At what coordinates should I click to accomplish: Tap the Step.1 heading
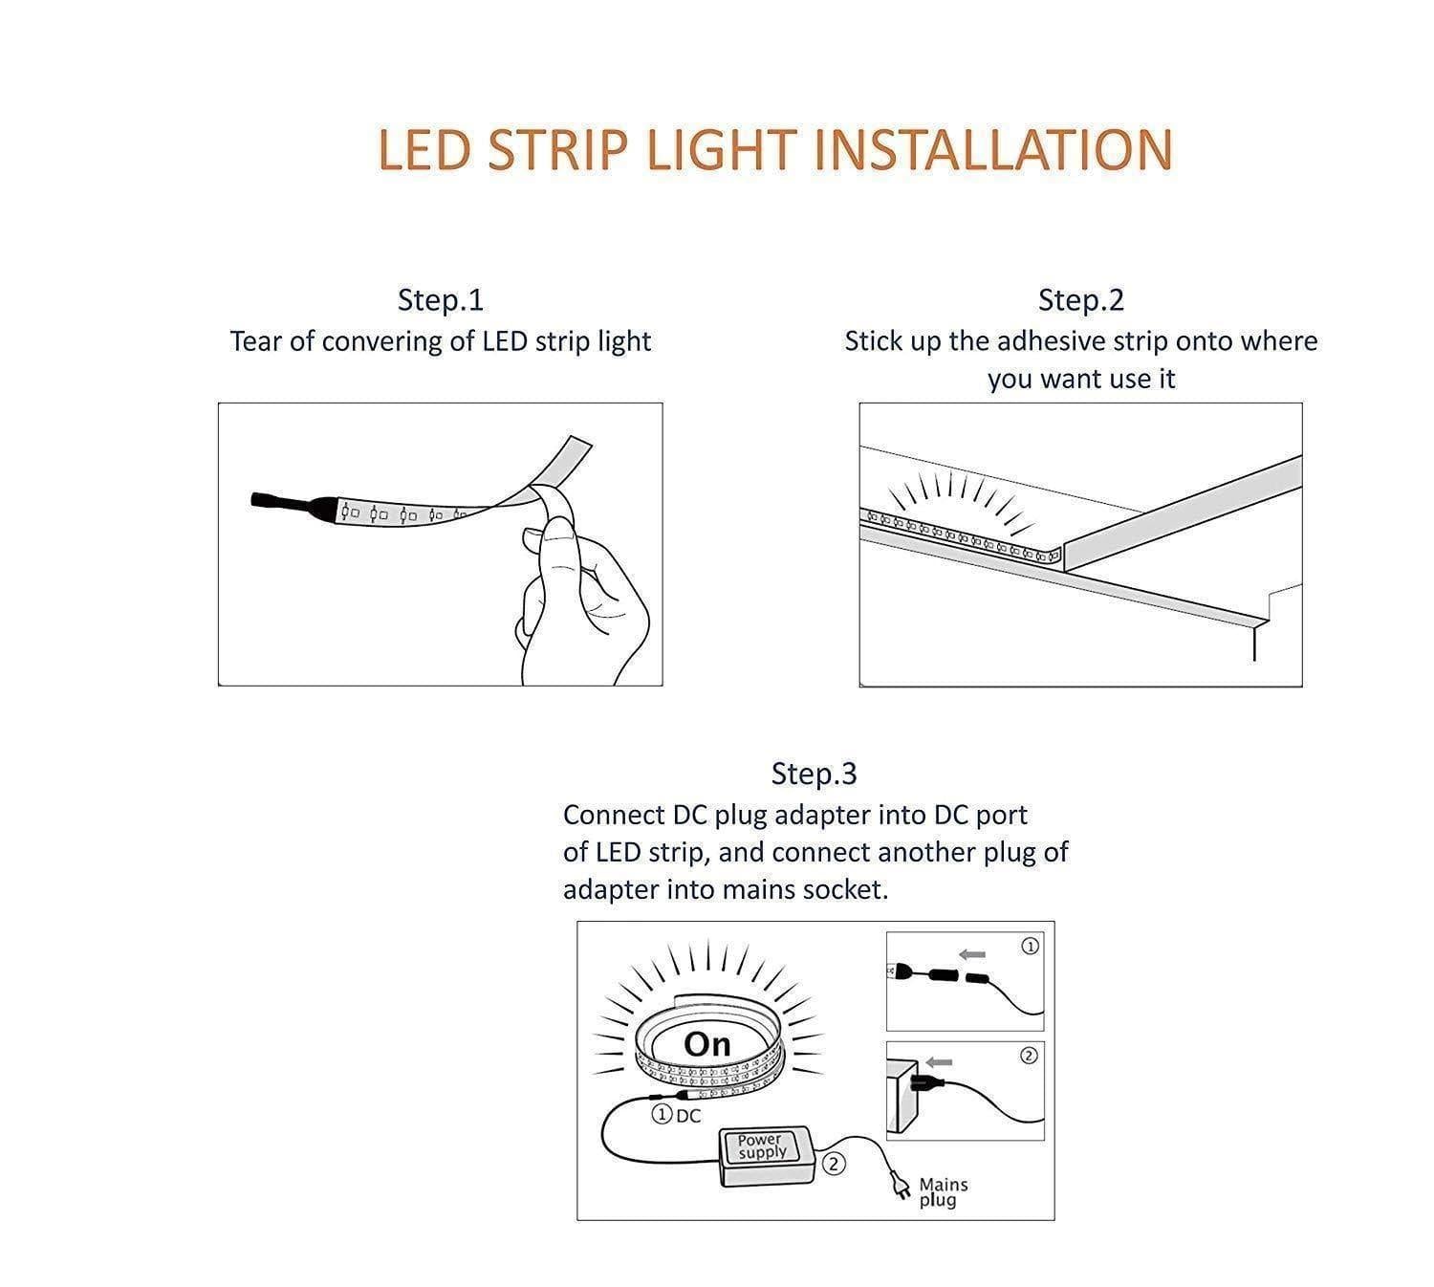coord(441,300)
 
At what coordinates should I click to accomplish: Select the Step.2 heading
coord(1081,300)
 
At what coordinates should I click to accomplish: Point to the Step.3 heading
coord(814,774)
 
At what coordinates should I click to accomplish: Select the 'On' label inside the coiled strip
coord(707,1045)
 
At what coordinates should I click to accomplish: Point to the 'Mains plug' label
coord(943,1191)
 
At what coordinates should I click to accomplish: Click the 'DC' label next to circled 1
coord(688,1116)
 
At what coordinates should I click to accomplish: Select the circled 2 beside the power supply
coord(835,1164)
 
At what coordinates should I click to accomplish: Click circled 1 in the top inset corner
coord(1030,946)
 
